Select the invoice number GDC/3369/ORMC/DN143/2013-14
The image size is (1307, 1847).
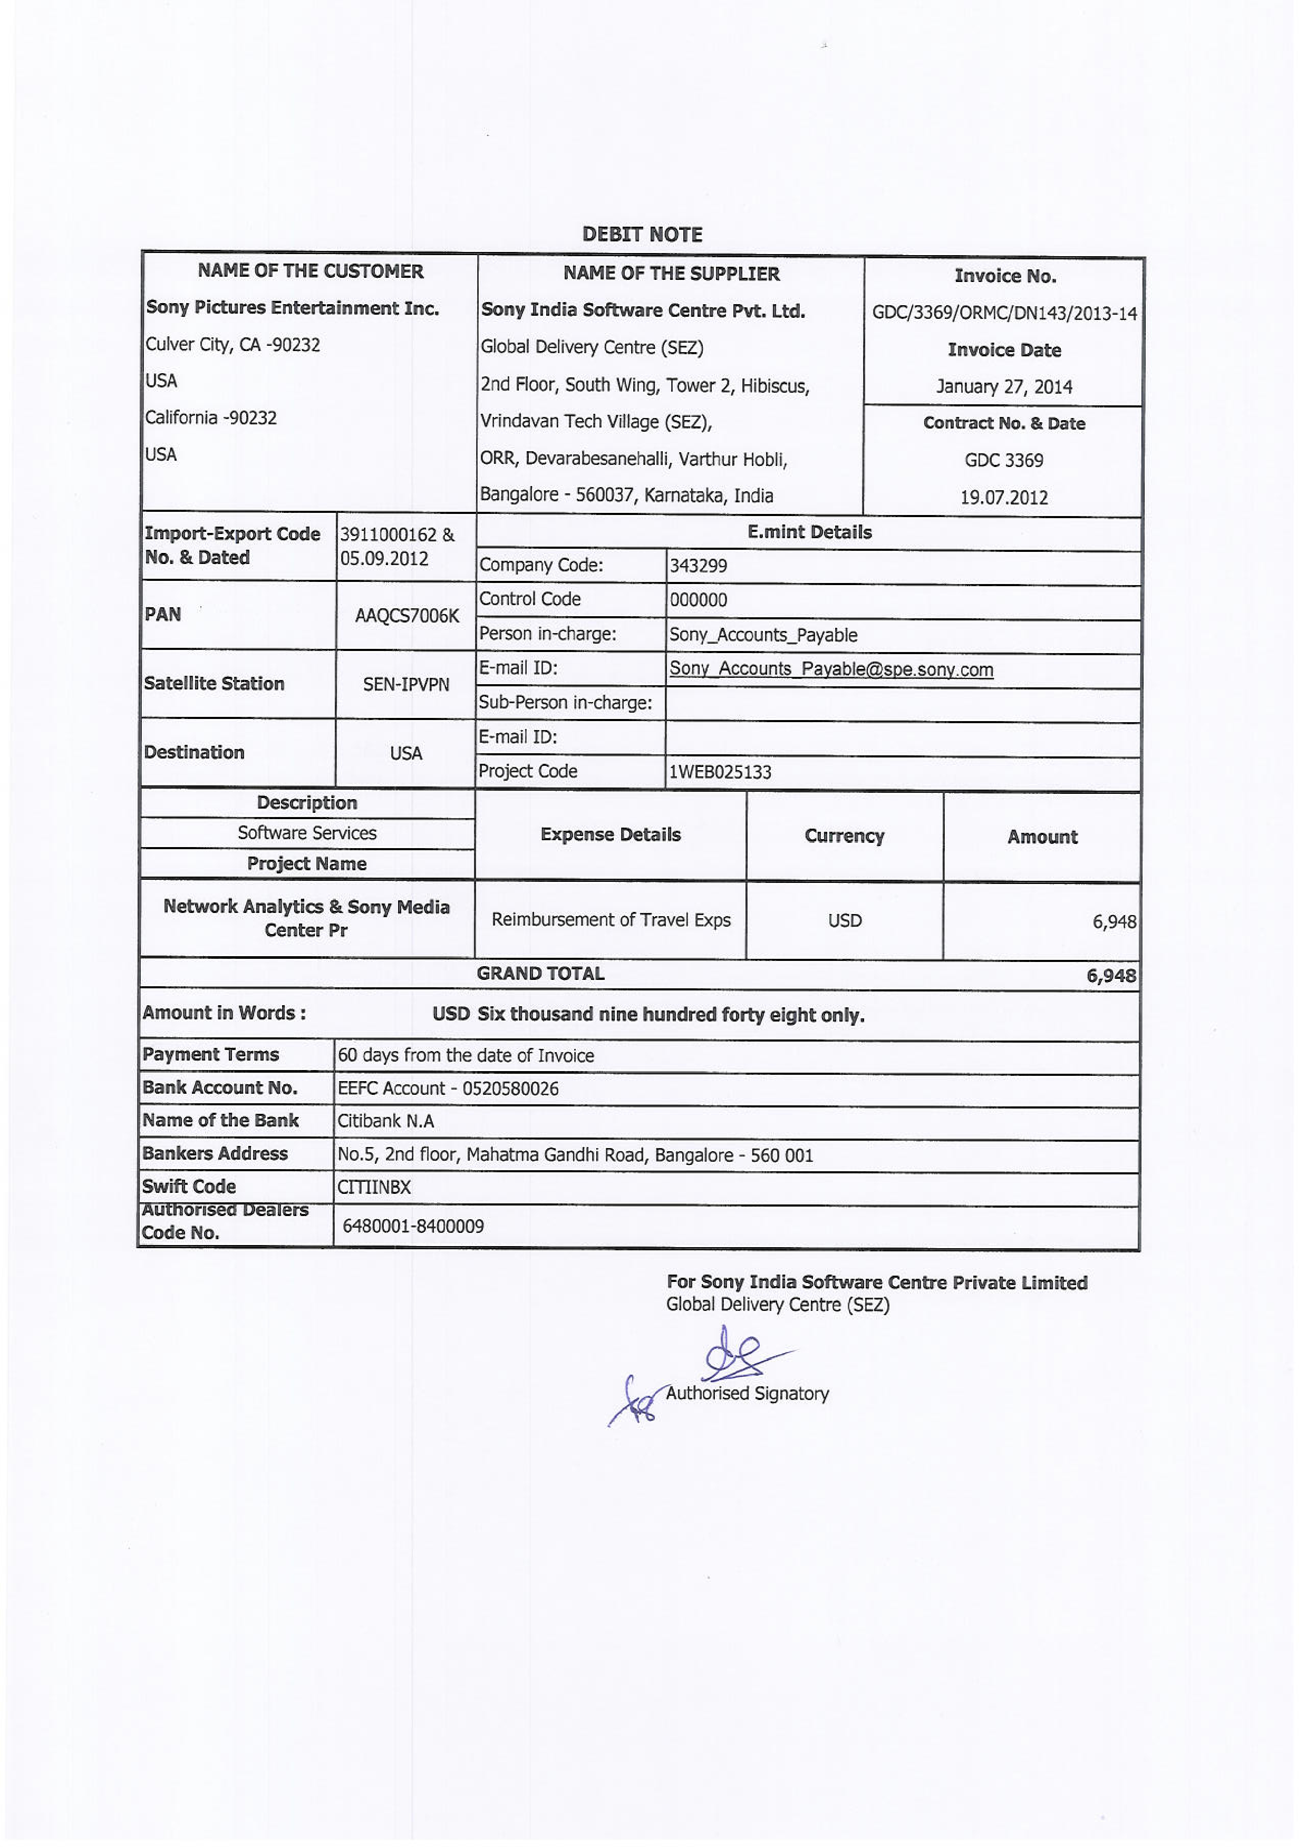click(x=1004, y=313)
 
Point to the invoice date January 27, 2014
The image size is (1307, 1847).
click(x=1004, y=387)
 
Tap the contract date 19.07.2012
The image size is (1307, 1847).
click(x=1004, y=497)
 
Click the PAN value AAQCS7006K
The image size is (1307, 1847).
click(x=406, y=616)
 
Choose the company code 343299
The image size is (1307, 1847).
click(x=698, y=566)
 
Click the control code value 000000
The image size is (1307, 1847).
click(x=698, y=600)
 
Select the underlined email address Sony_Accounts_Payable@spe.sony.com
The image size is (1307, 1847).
click(x=830, y=669)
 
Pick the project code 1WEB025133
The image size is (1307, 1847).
click(x=720, y=772)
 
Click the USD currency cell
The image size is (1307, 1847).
click(x=844, y=920)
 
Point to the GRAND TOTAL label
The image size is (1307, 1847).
click(x=540, y=974)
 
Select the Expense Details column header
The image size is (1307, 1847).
click(x=610, y=835)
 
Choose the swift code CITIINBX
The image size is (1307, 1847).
click(x=374, y=1188)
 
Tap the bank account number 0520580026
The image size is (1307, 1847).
click(x=509, y=1088)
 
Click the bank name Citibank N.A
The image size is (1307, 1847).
click(x=385, y=1121)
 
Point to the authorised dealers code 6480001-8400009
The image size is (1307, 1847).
click(x=413, y=1226)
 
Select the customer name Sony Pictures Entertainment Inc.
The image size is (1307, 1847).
click(x=292, y=308)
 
